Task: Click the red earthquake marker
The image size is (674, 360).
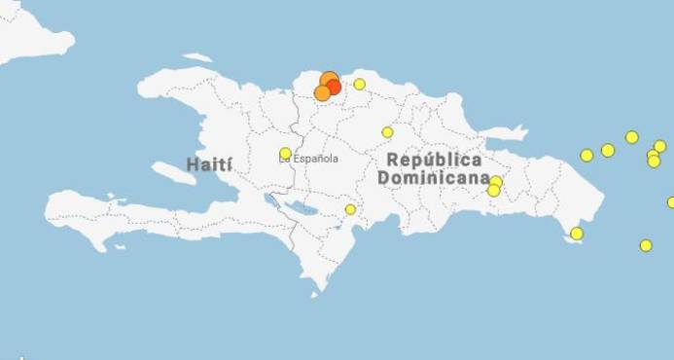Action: (x=334, y=87)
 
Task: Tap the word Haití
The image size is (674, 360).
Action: (x=209, y=162)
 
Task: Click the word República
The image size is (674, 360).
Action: (x=434, y=160)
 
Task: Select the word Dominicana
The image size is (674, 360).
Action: (x=434, y=179)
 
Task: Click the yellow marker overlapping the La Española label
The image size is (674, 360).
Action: (x=285, y=153)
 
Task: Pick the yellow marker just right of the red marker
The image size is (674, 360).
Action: (x=359, y=84)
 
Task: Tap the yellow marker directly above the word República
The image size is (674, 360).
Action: (x=387, y=131)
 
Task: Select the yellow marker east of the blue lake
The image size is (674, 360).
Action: (x=350, y=209)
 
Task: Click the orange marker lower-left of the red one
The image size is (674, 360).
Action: (x=322, y=93)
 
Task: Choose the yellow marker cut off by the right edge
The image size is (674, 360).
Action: (x=670, y=202)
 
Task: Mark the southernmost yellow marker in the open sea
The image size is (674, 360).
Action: (x=646, y=245)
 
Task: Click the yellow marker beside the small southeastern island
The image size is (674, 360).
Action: (x=577, y=234)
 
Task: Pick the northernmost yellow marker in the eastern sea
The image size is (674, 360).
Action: (x=631, y=137)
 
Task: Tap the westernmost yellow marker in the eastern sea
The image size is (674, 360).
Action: (x=586, y=155)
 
